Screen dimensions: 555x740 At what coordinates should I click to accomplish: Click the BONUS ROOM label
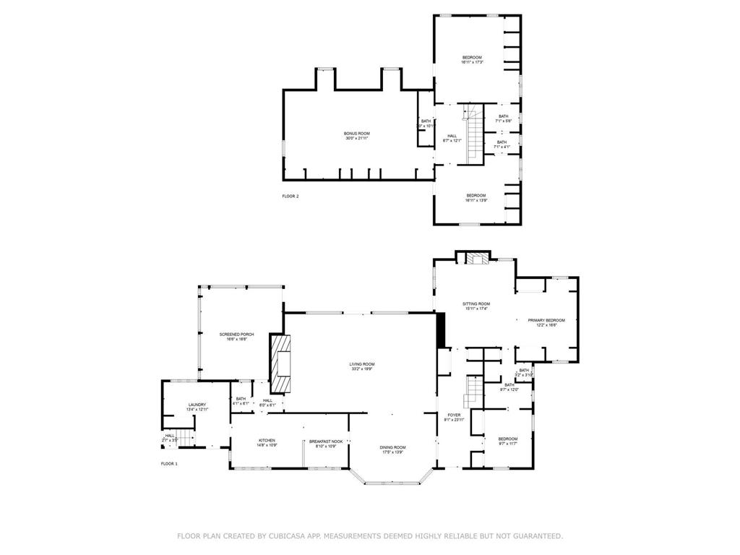[356, 133]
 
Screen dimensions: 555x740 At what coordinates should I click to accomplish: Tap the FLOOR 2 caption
[290, 196]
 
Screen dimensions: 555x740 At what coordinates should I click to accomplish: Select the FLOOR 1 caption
[168, 462]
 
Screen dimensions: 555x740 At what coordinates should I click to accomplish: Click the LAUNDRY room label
[197, 405]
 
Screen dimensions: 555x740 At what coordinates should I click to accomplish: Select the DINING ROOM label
[393, 447]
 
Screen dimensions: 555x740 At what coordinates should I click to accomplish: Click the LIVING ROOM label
[363, 364]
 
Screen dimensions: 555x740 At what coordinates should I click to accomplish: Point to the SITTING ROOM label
[476, 304]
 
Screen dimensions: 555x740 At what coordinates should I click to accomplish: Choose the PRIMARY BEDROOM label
[546, 320]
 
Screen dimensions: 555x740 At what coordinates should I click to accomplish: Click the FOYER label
[454, 415]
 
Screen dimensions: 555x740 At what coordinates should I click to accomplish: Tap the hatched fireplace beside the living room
[280, 362]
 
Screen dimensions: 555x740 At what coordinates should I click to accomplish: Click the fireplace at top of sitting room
[476, 259]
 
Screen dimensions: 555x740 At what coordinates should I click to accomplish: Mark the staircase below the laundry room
[186, 437]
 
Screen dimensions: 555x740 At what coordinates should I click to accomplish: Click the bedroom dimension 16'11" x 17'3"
[472, 62]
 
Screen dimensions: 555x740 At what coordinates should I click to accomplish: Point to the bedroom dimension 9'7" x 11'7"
[507, 444]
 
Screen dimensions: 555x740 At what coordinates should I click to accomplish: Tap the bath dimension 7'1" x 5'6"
[503, 121]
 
